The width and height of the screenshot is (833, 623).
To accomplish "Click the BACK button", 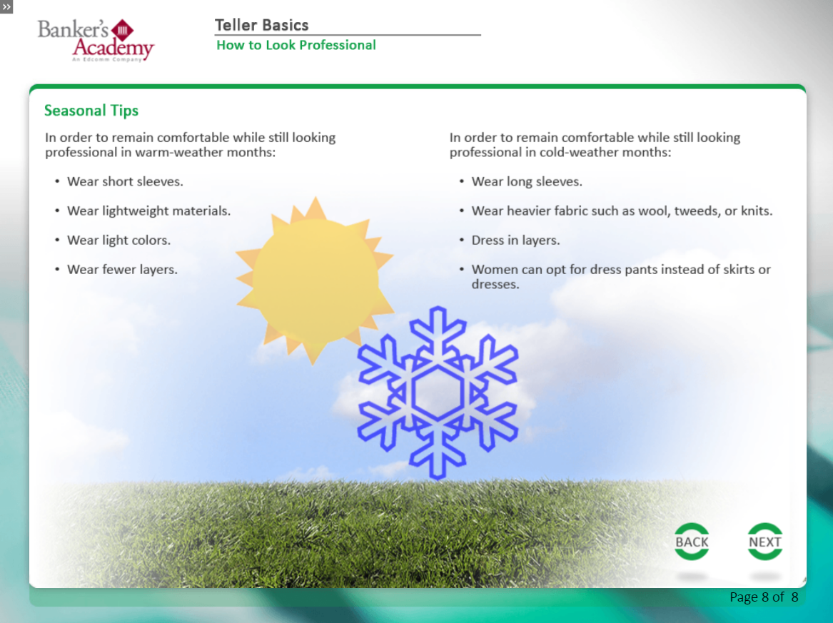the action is pyautogui.click(x=692, y=542).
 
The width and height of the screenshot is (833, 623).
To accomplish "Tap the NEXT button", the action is pyautogui.click(x=765, y=542).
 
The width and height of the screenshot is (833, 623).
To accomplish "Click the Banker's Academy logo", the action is pyautogui.click(x=96, y=41).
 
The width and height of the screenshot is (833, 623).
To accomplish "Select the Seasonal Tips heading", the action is pyautogui.click(x=91, y=111).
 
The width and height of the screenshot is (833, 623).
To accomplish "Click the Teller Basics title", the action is pyautogui.click(x=261, y=25).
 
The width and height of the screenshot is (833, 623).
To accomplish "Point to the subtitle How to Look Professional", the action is pyautogui.click(x=296, y=45).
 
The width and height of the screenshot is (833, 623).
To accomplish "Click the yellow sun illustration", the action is pyautogui.click(x=315, y=280).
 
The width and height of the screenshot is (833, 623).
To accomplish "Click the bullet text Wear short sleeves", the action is pyautogui.click(x=125, y=182).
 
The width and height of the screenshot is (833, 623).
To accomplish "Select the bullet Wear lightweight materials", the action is pyautogui.click(x=148, y=211).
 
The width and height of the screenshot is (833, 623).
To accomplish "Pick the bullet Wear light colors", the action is pyautogui.click(x=118, y=240).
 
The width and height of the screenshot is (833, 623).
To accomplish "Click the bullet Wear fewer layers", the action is pyautogui.click(x=122, y=269).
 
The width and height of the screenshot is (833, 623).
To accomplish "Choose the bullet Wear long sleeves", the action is pyautogui.click(x=527, y=182).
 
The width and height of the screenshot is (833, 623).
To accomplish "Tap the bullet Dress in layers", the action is pyautogui.click(x=515, y=240).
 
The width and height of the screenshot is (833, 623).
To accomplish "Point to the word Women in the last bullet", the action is pyautogui.click(x=494, y=269).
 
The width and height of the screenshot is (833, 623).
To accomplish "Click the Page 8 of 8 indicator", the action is pyautogui.click(x=764, y=597).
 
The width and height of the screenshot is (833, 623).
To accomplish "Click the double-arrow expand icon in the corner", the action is pyautogui.click(x=6, y=6).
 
